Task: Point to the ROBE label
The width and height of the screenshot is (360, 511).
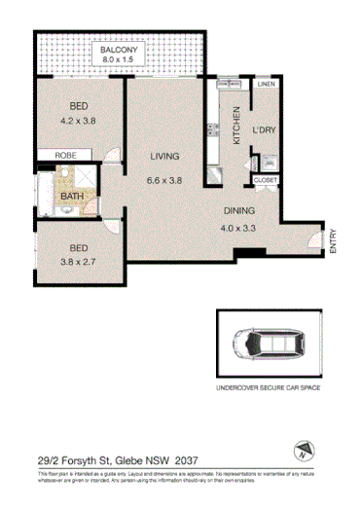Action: [x=65, y=155]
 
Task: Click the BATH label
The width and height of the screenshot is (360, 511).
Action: [x=71, y=196]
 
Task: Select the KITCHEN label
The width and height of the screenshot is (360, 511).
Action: [x=235, y=127]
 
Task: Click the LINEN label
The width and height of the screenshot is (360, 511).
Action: [x=267, y=85]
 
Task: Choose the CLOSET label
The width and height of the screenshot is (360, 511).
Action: [x=265, y=180]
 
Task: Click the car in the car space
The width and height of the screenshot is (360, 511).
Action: [x=265, y=342]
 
